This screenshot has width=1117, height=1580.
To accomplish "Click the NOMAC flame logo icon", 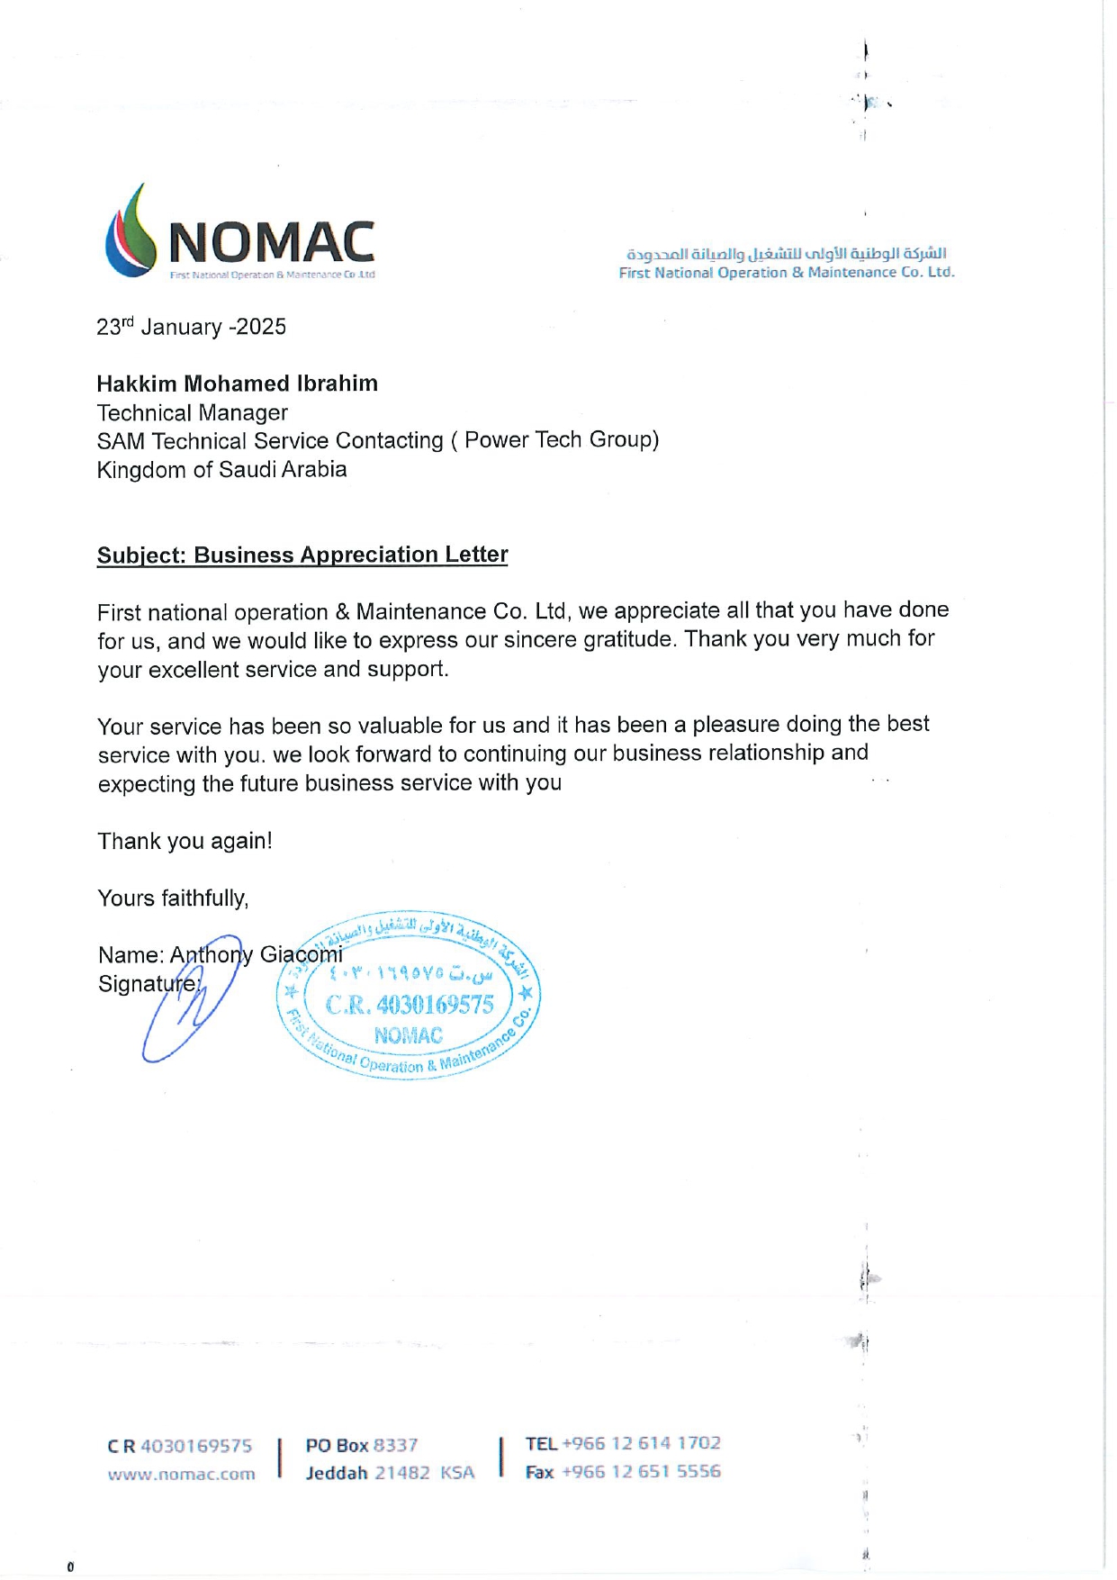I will point(131,231).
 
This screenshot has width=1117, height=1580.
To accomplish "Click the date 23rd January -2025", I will point(191,327).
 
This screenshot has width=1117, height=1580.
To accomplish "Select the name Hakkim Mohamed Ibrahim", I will point(237,384).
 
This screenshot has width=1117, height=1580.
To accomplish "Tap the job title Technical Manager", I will point(192,412).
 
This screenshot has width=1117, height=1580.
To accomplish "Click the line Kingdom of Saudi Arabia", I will point(221,469).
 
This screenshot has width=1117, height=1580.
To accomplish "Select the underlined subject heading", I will point(302,555).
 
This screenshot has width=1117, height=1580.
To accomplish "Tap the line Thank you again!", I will point(185,841).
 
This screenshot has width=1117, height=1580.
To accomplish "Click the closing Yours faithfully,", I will point(173,898).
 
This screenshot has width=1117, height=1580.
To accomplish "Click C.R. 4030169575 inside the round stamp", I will point(410,1005).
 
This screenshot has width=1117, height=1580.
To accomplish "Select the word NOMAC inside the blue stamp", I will point(409,1035).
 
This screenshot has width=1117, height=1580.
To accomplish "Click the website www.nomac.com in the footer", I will point(181,1475).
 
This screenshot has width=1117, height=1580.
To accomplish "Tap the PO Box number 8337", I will point(395,1445).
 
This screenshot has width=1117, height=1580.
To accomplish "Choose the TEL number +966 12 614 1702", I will point(641,1443).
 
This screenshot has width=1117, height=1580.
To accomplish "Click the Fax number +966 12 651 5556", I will point(641,1472).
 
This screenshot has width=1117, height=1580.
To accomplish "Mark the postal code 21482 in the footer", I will point(402,1474).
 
